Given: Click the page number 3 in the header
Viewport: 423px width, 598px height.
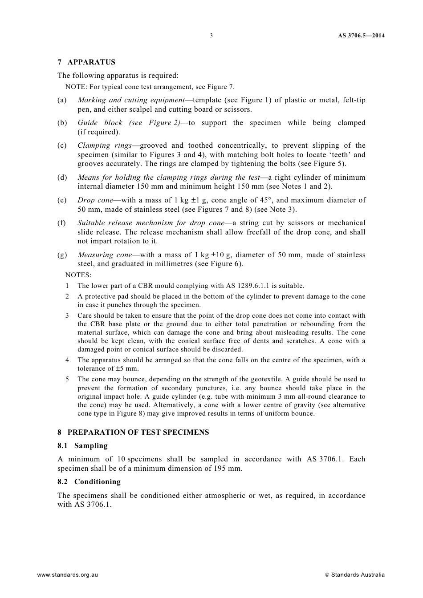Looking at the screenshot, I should (211, 36).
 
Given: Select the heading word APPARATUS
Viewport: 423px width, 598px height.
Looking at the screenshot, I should (91, 62).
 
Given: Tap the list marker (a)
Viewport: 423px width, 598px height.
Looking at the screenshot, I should (62, 100).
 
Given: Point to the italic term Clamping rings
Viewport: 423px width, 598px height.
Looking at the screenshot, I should (105, 145).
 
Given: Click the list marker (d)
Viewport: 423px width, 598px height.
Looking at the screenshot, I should (62, 178).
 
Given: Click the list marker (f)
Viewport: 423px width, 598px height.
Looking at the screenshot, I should (61, 223).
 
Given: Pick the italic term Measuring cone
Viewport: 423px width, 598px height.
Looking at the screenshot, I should (105, 255).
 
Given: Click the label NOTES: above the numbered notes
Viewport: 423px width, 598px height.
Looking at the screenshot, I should (78, 275).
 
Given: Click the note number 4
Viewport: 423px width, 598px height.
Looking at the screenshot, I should (67, 360).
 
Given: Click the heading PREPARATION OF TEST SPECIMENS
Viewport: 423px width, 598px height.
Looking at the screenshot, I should (138, 432).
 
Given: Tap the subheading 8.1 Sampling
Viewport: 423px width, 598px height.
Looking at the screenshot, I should (83, 446).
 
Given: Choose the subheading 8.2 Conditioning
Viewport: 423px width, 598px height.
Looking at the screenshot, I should (89, 482).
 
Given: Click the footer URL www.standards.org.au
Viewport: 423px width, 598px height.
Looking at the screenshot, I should (67, 575).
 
